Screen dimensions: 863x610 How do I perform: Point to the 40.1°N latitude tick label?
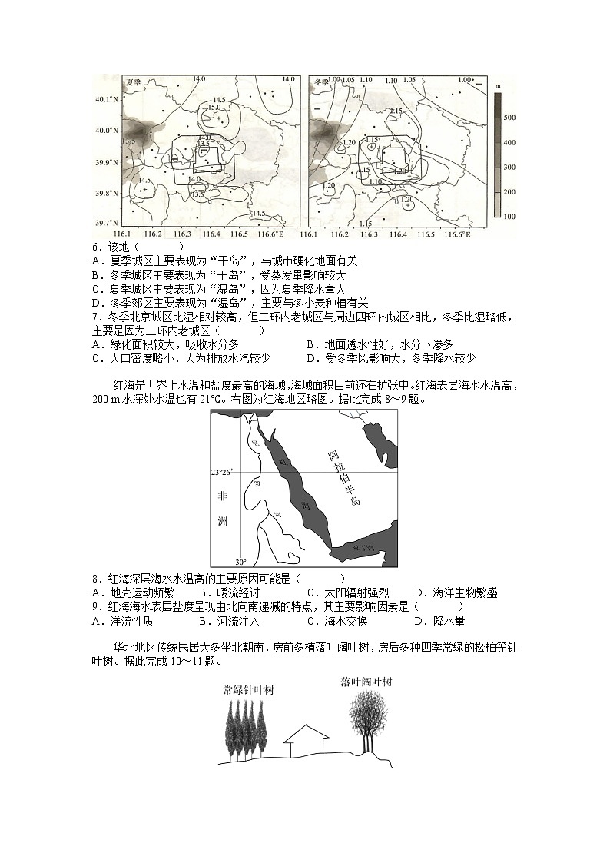(x=108, y=99)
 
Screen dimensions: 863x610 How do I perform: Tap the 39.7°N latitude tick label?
(x=108, y=223)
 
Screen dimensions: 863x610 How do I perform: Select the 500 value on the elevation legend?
(x=509, y=117)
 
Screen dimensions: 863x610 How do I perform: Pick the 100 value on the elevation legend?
(x=509, y=216)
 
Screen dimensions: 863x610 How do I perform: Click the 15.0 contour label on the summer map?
(x=215, y=108)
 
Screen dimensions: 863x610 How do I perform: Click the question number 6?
(x=95, y=247)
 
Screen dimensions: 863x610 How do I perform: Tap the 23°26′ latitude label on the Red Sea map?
(x=222, y=472)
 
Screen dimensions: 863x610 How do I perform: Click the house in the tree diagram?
(x=305, y=740)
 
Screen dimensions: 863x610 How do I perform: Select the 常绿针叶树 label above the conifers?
(x=247, y=689)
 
